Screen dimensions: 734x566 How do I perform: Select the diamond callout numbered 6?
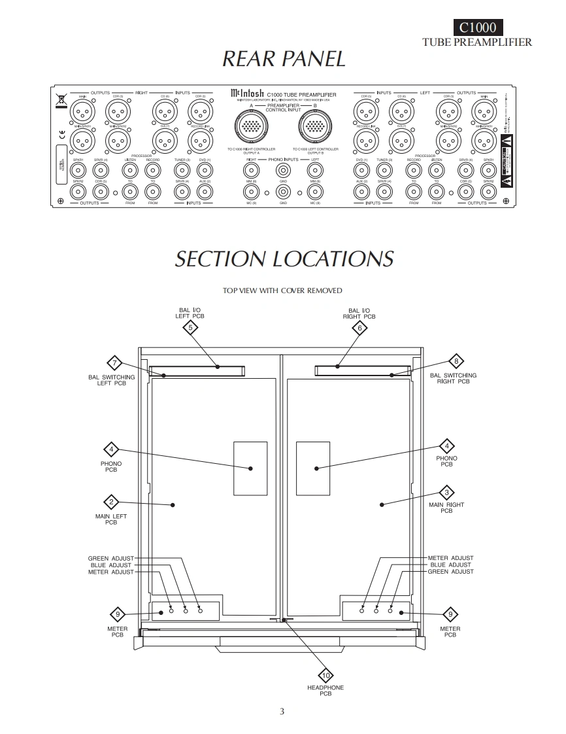pyautogui.click(x=359, y=328)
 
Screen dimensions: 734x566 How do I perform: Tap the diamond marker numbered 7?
pyautogui.click(x=114, y=364)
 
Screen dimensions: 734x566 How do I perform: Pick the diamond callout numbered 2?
pyautogui.click(x=112, y=502)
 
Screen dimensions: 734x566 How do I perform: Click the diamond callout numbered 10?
pyautogui.click(x=325, y=674)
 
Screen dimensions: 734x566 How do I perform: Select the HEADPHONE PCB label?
pyautogui.click(x=325, y=690)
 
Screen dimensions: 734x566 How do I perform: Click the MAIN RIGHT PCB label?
pyautogui.click(x=446, y=508)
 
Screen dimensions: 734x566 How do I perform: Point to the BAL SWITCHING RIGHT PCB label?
pyautogui.click(x=454, y=378)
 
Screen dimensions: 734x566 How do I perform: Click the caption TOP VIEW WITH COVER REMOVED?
pyautogui.click(x=282, y=290)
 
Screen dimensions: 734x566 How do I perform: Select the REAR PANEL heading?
pyautogui.click(x=284, y=59)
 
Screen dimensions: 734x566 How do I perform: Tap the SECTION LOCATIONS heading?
pyautogui.click(x=284, y=258)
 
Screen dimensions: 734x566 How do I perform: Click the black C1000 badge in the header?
pyautogui.click(x=478, y=27)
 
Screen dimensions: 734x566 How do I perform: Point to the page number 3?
pyautogui.click(x=282, y=712)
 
